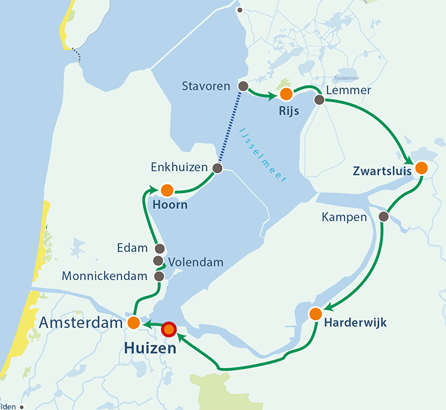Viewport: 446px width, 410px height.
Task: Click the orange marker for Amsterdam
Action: pyautogui.click(x=134, y=323)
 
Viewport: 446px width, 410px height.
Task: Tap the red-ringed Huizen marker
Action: pyautogui.click(x=169, y=329)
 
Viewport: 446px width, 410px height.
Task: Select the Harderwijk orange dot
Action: pyautogui.click(x=315, y=313)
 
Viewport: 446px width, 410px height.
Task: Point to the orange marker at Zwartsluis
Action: pyautogui.click(x=421, y=168)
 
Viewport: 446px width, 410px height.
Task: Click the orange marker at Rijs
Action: pyautogui.click(x=286, y=94)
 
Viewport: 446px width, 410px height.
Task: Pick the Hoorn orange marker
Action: pyautogui.click(x=167, y=190)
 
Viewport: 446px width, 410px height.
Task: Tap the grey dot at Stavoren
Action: pyautogui.click(x=242, y=86)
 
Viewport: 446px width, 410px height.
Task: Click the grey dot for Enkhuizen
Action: pyautogui.click(x=217, y=168)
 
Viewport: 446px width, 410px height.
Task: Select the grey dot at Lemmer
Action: pyautogui.click(x=319, y=99)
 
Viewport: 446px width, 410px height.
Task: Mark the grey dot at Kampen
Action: pyautogui.click(x=384, y=216)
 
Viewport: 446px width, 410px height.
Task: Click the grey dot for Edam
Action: pyautogui.click(x=159, y=248)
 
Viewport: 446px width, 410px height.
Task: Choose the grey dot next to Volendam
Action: pyautogui.click(x=159, y=261)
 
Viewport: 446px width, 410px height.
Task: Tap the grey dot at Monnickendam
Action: pyautogui.click(x=159, y=276)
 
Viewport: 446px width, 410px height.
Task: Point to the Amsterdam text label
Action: pyautogui.click(x=80, y=323)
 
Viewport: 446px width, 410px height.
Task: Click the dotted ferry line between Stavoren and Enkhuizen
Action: pyautogui.click(x=230, y=127)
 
